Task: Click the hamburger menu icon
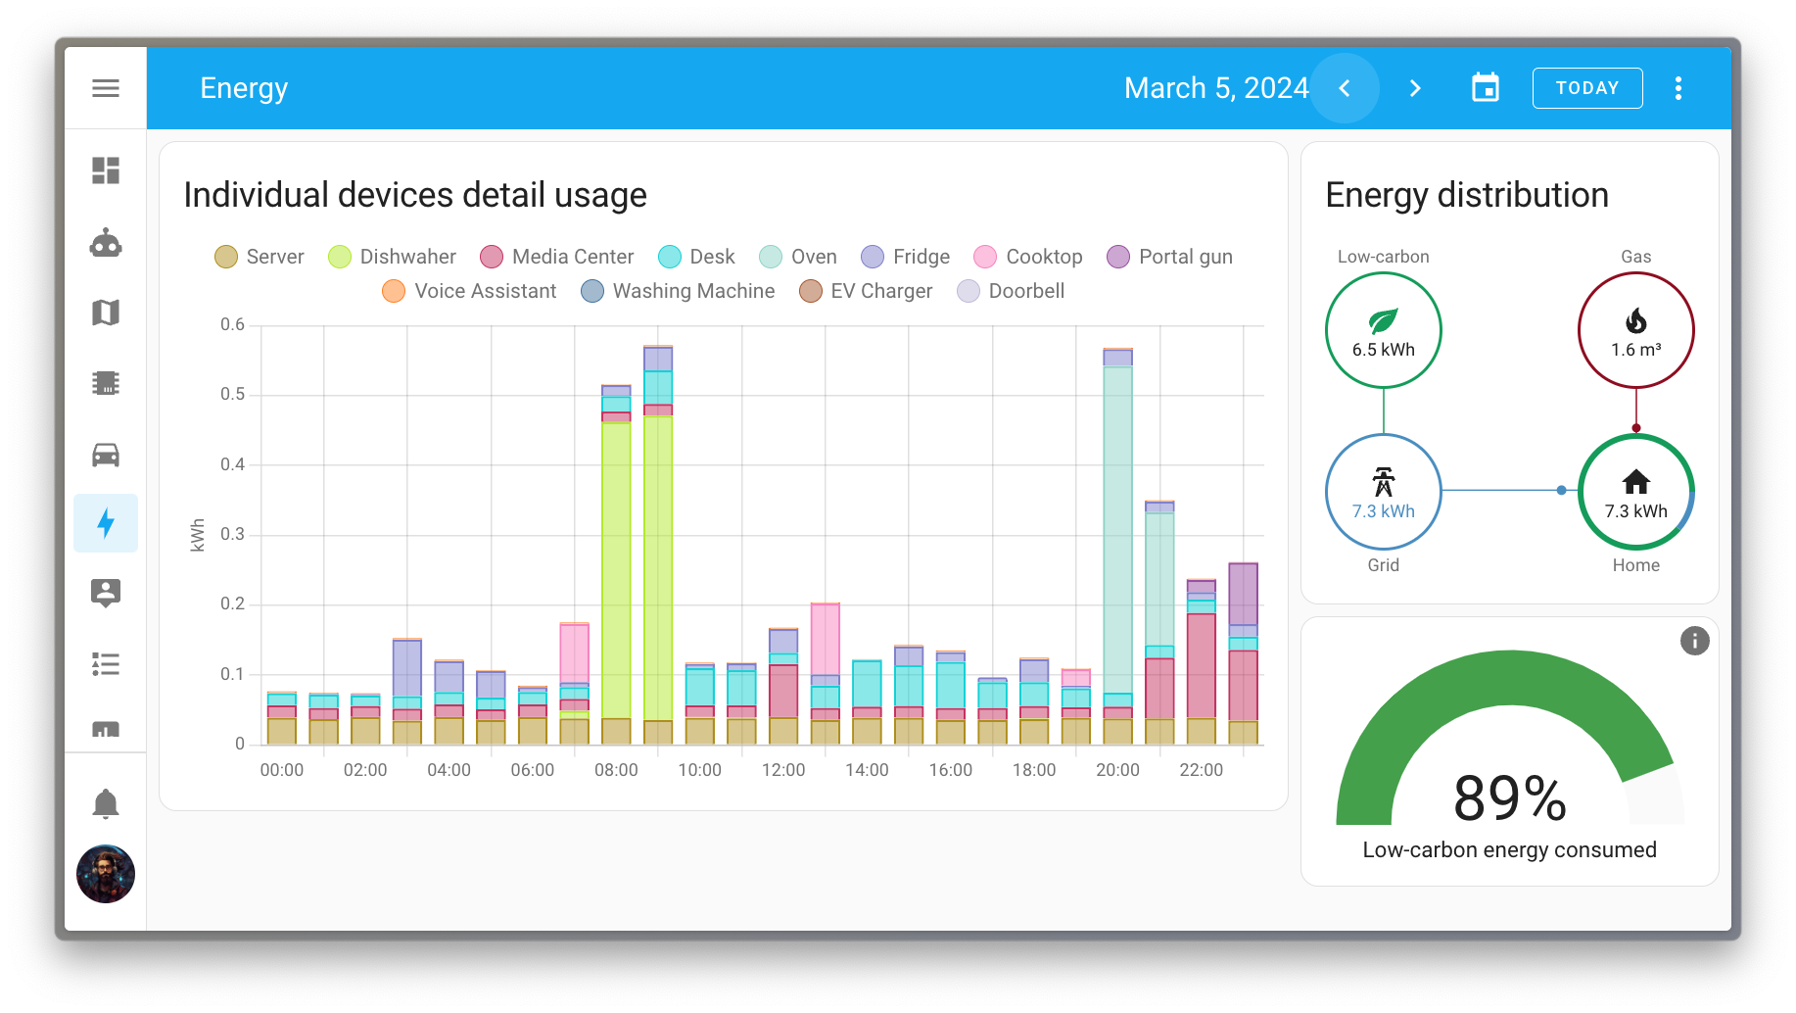pyautogui.click(x=106, y=88)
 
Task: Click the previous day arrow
pyautogui.click(x=1345, y=88)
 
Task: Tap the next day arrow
pyautogui.click(x=1414, y=88)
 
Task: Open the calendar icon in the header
pyautogui.click(x=1485, y=88)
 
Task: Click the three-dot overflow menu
pyautogui.click(x=1678, y=88)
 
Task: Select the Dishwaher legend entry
pyautogui.click(x=393, y=257)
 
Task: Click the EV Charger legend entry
pyautogui.click(x=866, y=291)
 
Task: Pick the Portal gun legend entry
pyautogui.click(x=1169, y=257)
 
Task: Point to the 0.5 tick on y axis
pyautogui.click(x=232, y=394)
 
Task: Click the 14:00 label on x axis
pyautogui.click(x=867, y=770)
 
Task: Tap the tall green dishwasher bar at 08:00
pyautogui.click(x=616, y=568)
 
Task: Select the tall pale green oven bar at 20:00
pyautogui.click(x=1117, y=529)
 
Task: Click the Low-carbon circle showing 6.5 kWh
pyautogui.click(x=1383, y=330)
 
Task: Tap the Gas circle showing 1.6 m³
pyautogui.click(x=1635, y=330)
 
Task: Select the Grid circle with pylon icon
pyautogui.click(x=1383, y=492)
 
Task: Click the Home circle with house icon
pyautogui.click(x=1635, y=492)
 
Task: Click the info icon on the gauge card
pyautogui.click(x=1694, y=641)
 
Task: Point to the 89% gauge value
pyautogui.click(x=1509, y=798)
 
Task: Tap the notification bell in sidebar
pyautogui.click(x=106, y=803)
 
